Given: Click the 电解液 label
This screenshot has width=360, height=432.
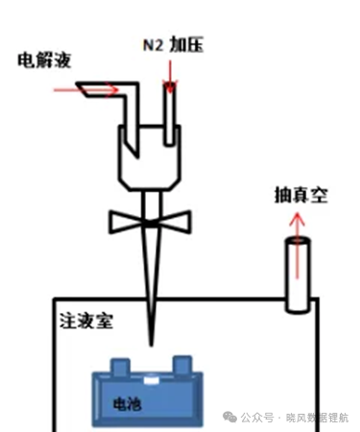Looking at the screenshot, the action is tap(44, 60).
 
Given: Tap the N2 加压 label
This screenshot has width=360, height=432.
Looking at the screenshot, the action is tap(173, 44).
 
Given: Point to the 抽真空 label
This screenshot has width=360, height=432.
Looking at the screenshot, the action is tap(301, 195).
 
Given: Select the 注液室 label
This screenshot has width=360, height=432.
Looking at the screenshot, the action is tap(86, 321).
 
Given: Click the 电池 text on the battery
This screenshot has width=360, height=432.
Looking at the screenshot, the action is tap(128, 404).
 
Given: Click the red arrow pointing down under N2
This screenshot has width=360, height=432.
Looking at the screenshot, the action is tap(170, 77).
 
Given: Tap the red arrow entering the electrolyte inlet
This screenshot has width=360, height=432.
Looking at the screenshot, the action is tap(86, 90).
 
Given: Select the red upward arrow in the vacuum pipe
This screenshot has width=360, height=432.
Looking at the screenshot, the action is tap(298, 246).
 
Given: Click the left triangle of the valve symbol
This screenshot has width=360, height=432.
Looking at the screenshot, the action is tap(128, 222).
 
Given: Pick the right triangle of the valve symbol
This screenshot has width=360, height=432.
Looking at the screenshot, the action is tap(175, 222).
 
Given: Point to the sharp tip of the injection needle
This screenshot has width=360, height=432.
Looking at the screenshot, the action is tap(152, 346).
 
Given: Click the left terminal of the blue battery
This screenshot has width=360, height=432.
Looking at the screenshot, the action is tap(120, 366).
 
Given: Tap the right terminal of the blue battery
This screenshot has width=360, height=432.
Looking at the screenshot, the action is tap(182, 365).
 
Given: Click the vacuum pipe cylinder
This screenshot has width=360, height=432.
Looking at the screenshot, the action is tap(298, 276).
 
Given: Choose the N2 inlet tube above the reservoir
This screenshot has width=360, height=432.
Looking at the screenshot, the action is tap(170, 115).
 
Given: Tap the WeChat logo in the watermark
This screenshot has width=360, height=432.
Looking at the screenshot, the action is tap(229, 418).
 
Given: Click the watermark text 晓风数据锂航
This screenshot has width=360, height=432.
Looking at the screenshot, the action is tap(317, 418).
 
